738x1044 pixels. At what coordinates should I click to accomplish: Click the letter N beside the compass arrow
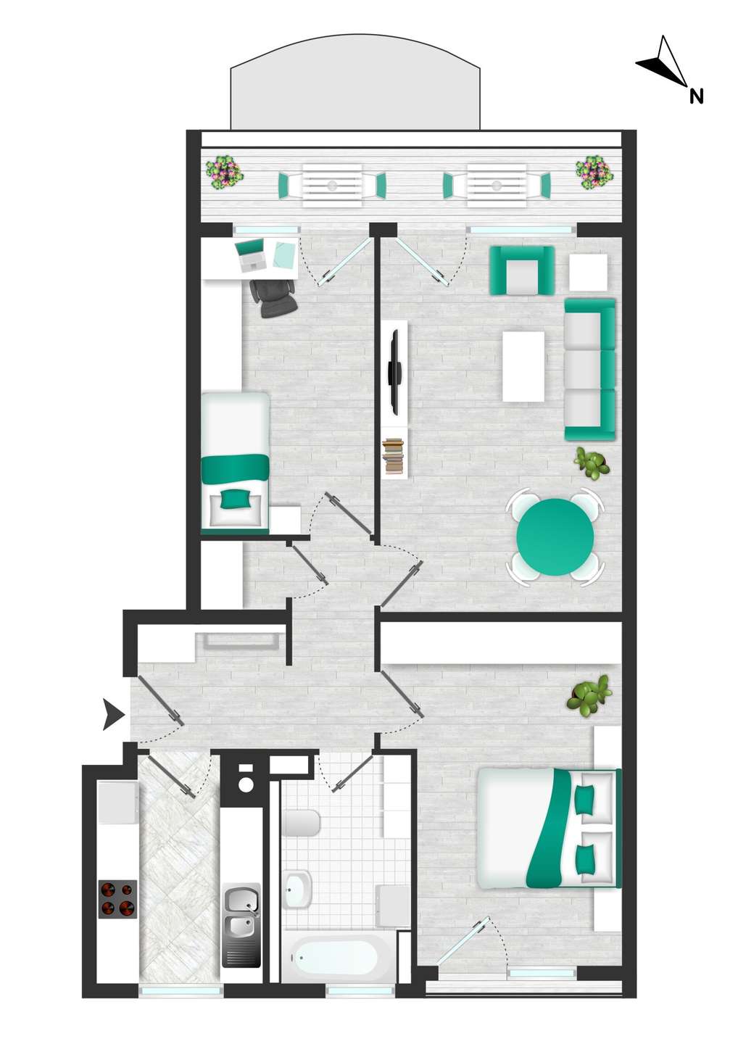pos(696,95)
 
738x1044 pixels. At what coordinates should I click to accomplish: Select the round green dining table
pos(555,536)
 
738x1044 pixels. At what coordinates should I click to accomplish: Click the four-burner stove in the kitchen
pos(117,899)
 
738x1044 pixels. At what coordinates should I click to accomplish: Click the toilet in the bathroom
pos(302,823)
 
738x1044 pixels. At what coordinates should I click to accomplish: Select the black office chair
pos(274,297)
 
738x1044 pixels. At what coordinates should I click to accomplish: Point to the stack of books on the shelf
pos(393,457)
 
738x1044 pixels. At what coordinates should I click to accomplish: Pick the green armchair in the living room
pos(522,270)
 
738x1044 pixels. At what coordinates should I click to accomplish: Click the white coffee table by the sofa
pos(523,366)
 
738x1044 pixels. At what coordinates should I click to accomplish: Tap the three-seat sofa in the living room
pos(589,369)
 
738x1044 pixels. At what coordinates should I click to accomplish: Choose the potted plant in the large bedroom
pos(589,695)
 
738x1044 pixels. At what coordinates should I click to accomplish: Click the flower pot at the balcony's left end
pos(224,173)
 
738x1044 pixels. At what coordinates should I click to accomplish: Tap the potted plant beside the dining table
pos(592,462)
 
